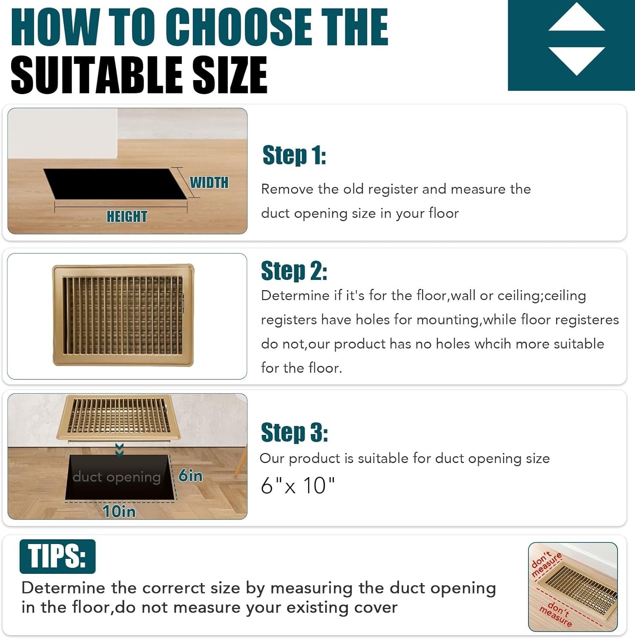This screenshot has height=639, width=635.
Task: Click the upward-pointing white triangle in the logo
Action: point(577,19)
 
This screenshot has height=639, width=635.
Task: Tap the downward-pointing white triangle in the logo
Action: point(577,60)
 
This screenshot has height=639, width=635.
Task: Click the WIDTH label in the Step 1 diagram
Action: point(209,182)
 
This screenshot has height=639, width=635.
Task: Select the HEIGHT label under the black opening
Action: point(127,216)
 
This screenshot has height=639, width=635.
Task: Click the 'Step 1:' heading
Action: point(294,155)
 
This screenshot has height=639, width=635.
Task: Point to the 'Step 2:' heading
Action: point(294,271)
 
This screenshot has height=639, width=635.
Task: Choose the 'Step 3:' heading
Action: point(294,432)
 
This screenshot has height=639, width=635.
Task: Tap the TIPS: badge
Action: point(57,556)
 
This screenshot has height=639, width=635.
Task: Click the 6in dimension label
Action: point(190,475)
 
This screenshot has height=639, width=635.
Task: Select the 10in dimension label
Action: point(119,511)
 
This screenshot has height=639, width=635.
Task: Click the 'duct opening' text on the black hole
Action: point(116,477)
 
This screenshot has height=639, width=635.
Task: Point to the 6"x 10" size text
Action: point(298,485)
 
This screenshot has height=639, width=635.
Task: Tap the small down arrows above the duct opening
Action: point(120,449)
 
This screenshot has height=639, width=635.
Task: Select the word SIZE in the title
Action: point(230,75)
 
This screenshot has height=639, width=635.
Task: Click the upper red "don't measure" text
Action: point(547,564)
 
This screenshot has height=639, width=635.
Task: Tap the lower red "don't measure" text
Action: point(556,613)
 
